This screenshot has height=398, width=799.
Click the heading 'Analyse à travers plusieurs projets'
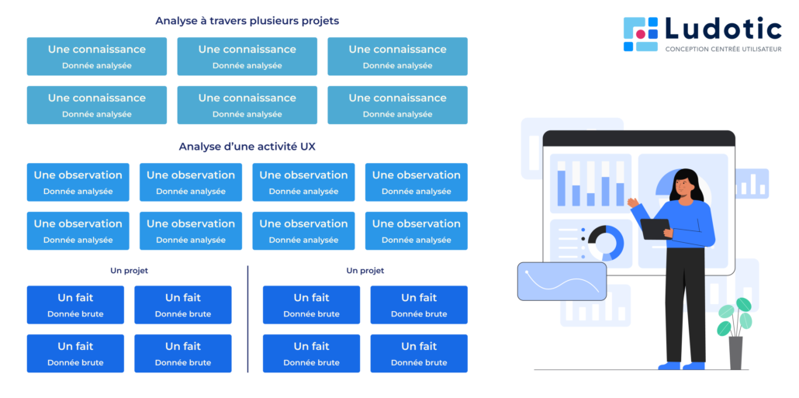coord(247,21)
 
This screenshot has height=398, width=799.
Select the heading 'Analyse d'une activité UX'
coord(247,147)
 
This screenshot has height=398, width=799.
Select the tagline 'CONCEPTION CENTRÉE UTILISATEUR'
coord(723,50)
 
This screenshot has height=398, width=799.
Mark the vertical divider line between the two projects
coord(247,318)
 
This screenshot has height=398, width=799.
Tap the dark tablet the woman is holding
coord(655,229)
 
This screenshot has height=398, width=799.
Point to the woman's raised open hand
coord(632,203)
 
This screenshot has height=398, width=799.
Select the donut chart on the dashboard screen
coord(605,242)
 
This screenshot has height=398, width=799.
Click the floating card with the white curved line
coord(562,281)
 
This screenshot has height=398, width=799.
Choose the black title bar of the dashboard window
coord(638,139)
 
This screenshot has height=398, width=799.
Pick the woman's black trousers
coord(687,303)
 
